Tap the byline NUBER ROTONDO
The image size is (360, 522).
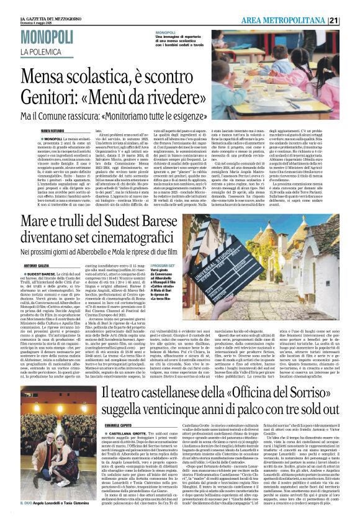tap(52, 133)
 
